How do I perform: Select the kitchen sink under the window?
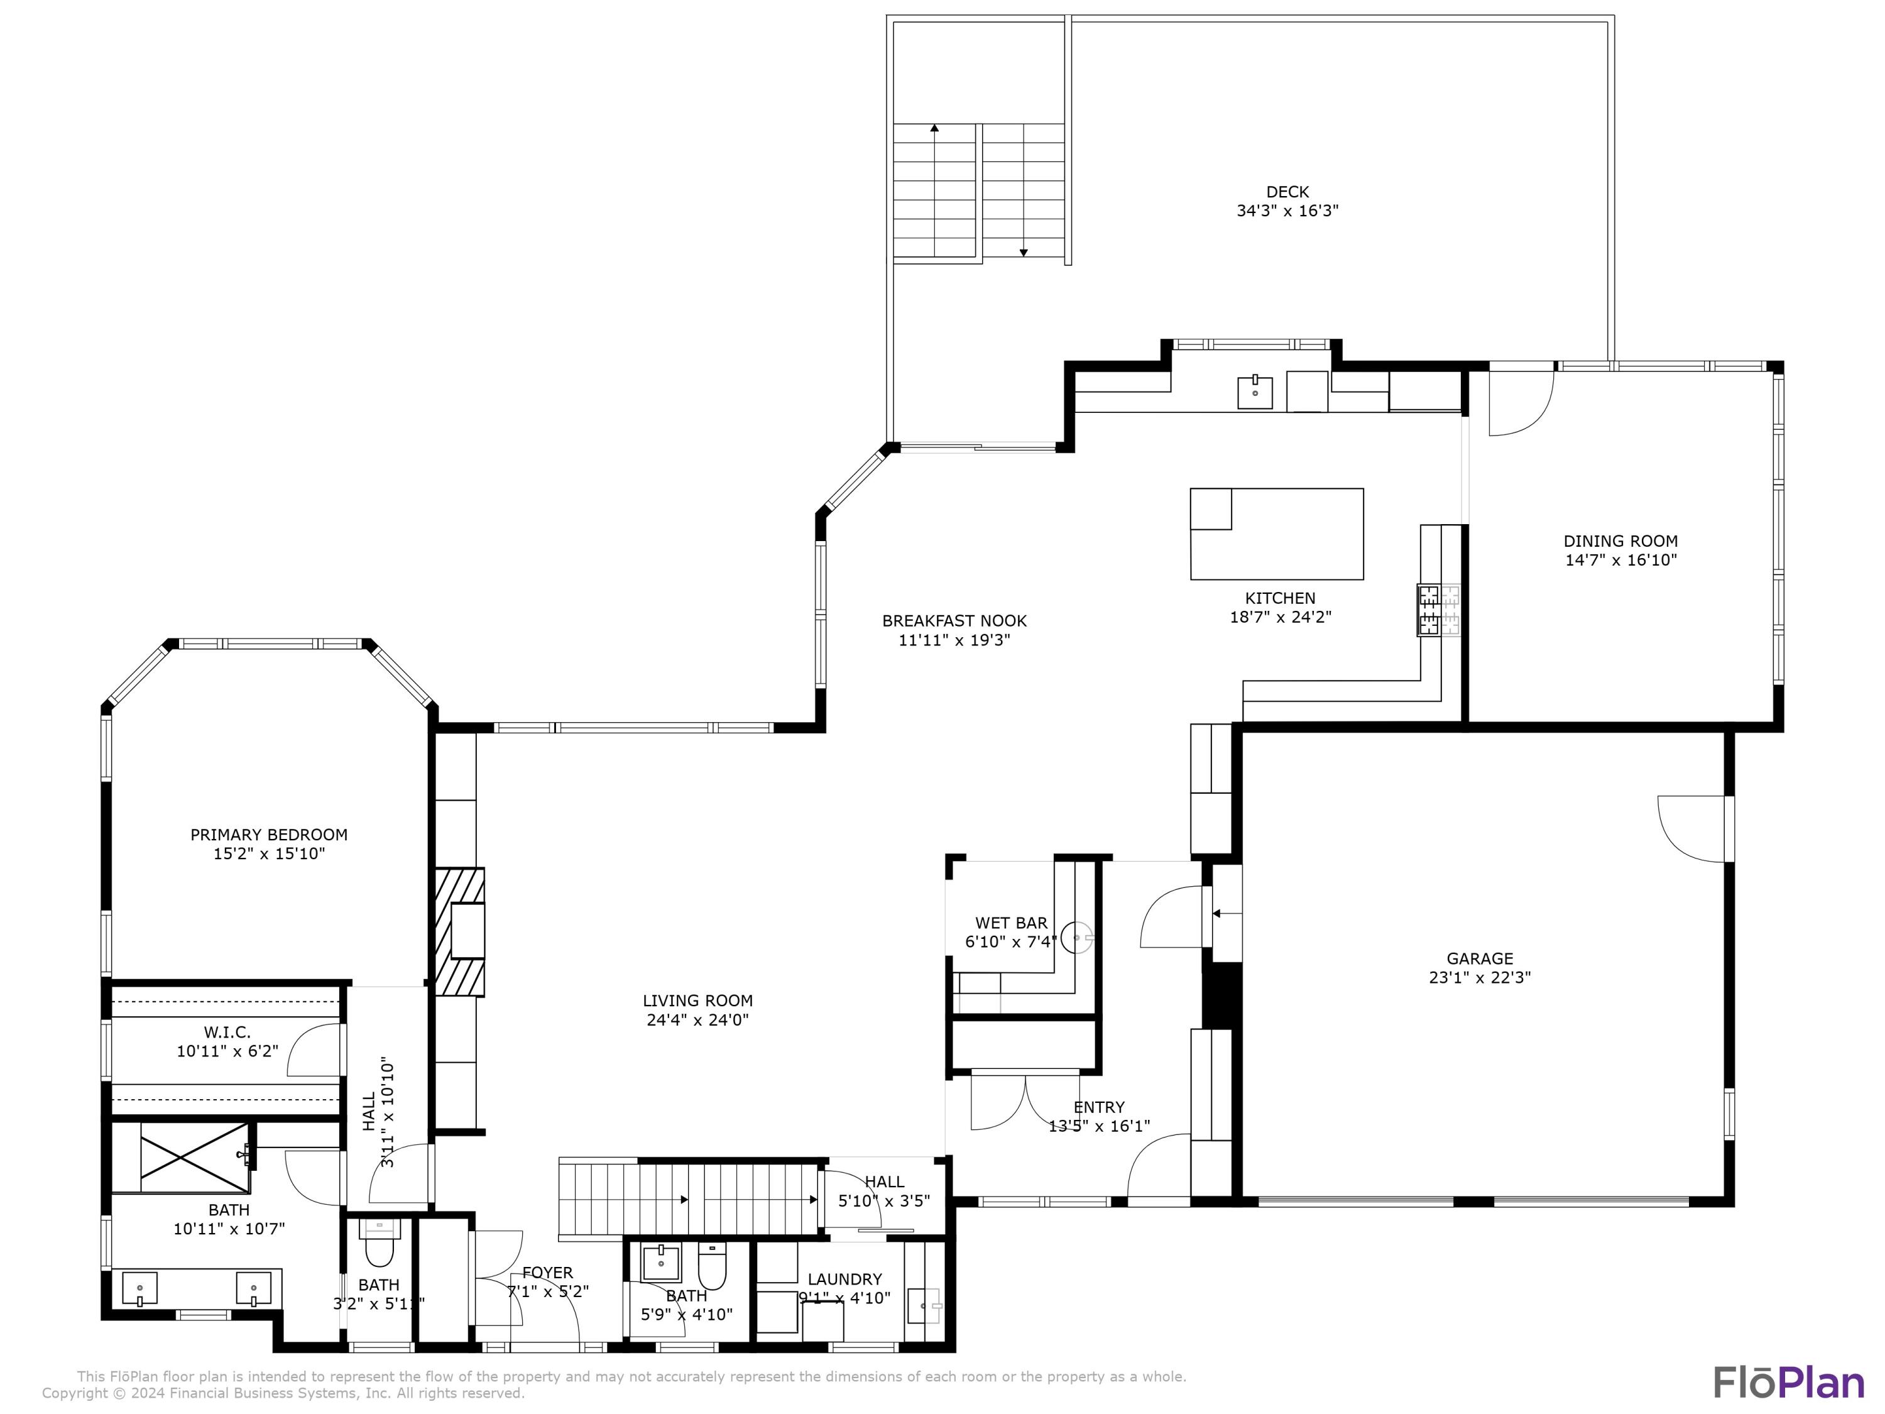(1254, 393)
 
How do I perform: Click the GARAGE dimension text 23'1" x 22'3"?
(1479, 978)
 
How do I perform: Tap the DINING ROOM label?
(1620, 541)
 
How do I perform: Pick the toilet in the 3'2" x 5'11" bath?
(380, 1251)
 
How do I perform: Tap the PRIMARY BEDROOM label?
(268, 835)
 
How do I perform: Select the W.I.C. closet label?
(227, 1032)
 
